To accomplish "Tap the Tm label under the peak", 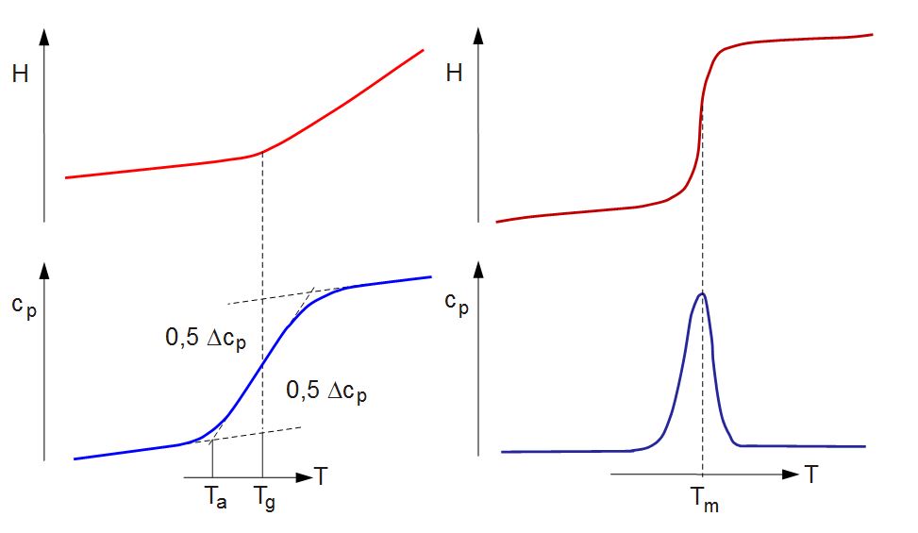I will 704,504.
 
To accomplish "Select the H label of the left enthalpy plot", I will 20,75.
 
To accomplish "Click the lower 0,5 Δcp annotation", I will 325,391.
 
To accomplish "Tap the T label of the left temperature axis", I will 322,476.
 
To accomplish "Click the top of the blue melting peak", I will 702,293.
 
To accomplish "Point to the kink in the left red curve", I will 260,152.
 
